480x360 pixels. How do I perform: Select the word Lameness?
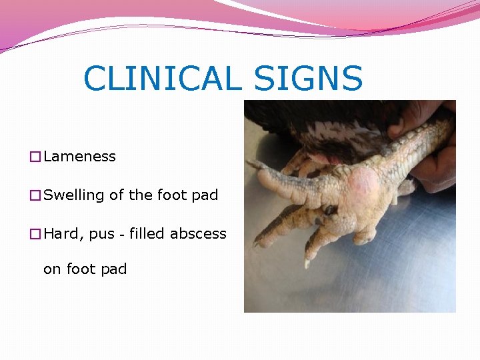tap(79, 157)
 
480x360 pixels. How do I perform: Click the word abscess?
tap(198, 234)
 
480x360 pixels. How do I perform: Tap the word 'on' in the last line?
tap(51, 269)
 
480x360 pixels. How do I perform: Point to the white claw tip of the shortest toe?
tap(307, 264)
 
